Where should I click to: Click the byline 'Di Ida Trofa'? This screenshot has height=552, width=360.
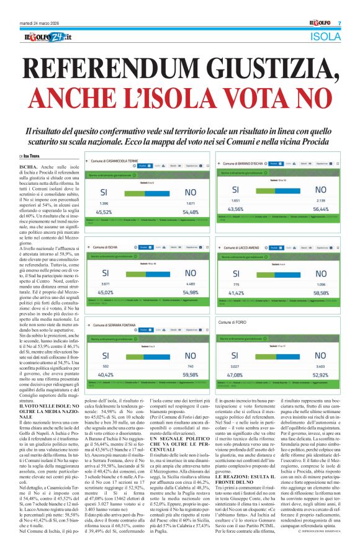click(32, 140)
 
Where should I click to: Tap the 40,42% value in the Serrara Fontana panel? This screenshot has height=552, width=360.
click(104, 375)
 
